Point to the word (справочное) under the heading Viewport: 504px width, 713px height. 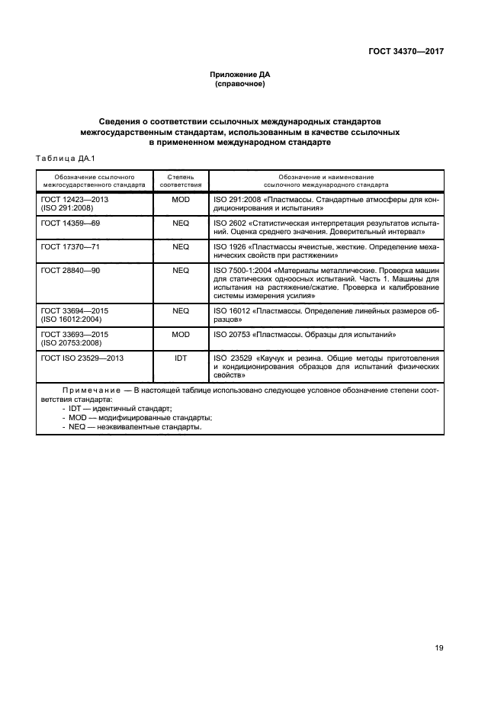[x=240, y=84]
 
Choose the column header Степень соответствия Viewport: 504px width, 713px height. [x=181, y=181]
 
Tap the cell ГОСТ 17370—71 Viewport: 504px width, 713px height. [x=69, y=247]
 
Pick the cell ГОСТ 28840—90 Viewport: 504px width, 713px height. [x=69, y=270]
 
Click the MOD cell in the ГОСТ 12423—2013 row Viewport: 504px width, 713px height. [x=181, y=200]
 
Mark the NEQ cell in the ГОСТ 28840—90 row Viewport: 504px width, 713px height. [x=181, y=270]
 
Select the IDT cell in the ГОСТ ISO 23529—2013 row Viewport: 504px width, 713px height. [x=181, y=357]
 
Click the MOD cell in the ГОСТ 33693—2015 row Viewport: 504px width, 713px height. [x=181, y=334]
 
